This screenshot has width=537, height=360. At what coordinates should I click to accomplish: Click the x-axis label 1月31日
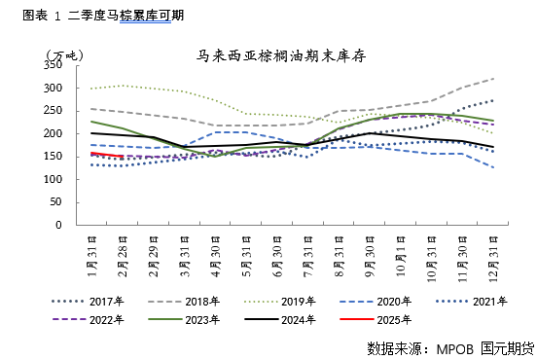tap(91, 255)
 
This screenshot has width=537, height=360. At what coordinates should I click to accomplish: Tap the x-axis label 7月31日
tap(308, 255)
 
